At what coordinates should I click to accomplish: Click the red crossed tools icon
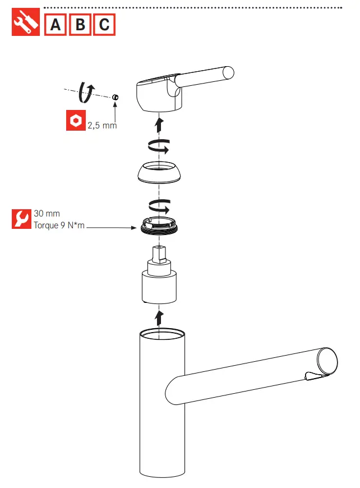[26, 24]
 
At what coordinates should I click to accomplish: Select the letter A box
[56, 25]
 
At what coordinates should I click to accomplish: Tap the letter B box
[80, 25]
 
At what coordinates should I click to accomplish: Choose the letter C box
[104, 25]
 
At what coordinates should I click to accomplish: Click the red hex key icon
[75, 121]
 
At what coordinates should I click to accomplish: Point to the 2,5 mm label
[102, 126]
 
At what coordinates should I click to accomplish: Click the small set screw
[115, 98]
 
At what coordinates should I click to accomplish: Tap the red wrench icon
[21, 219]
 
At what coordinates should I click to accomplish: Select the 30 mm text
[47, 214]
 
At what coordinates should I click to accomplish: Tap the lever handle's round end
[228, 73]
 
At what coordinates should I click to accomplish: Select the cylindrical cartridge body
[159, 286]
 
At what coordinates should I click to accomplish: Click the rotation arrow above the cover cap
[158, 148]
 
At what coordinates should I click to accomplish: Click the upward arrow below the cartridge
[159, 317]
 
